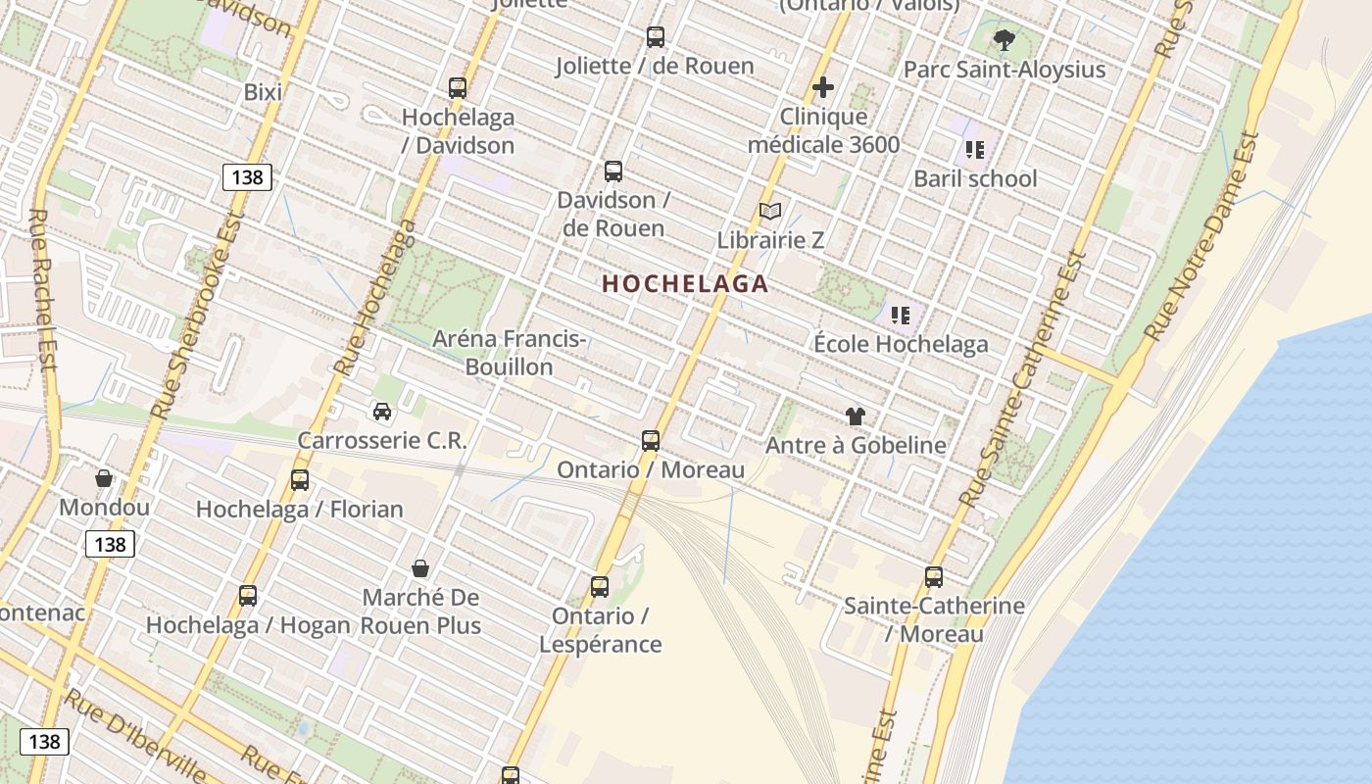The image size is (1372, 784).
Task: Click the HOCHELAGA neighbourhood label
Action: click(x=685, y=284)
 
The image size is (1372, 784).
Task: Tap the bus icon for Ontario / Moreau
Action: click(x=651, y=441)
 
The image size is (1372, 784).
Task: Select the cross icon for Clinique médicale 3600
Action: click(x=823, y=87)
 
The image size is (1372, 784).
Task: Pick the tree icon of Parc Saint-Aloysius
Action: click(x=1004, y=40)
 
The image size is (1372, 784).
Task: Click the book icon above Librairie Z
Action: click(x=771, y=211)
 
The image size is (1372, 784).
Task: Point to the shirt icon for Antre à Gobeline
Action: click(x=856, y=416)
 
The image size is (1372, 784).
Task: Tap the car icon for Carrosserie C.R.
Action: click(x=382, y=412)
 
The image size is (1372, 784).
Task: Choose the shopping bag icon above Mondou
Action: click(x=104, y=478)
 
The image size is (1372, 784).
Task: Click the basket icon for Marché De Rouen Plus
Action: click(x=420, y=568)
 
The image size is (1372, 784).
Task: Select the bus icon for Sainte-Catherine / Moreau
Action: click(x=934, y=577)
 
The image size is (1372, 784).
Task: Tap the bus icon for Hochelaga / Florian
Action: click(x=300, y=480)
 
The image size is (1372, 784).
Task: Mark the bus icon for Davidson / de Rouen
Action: click(x=613, y=171)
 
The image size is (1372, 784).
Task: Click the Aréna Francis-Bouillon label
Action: click(x=510, y=353)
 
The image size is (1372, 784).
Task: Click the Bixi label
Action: click(x=263, y=92)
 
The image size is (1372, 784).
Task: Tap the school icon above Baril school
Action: click(x=975, y=150)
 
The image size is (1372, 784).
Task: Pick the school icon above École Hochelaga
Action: click(x=901, y=316)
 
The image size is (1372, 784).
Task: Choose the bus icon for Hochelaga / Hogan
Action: click(x=248, y=596)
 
